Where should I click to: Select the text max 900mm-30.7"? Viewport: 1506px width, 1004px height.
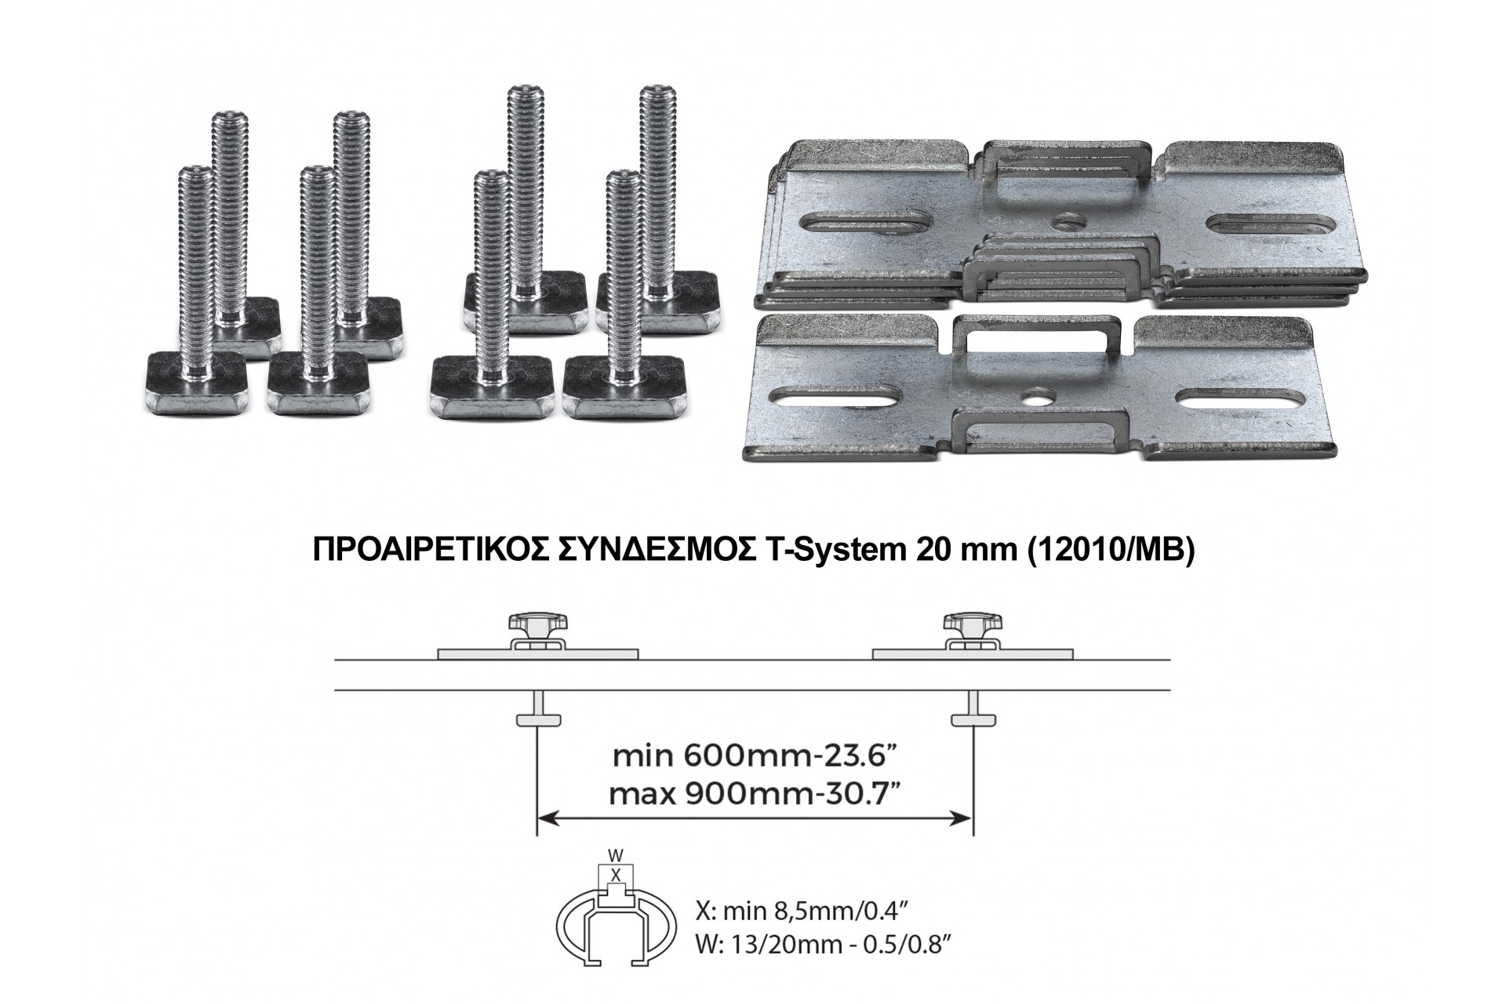(x=754, y=795)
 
